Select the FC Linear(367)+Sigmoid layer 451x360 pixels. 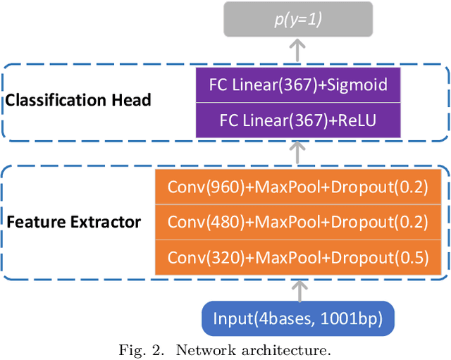point(298,85)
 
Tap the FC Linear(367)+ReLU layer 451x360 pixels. point(298,120)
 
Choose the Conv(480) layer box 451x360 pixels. point(297,221)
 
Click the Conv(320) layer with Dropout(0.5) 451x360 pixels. point(297,257)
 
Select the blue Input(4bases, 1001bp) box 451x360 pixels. point(297,319)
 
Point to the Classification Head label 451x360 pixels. point(78,100)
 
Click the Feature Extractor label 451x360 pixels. point(74,223)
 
